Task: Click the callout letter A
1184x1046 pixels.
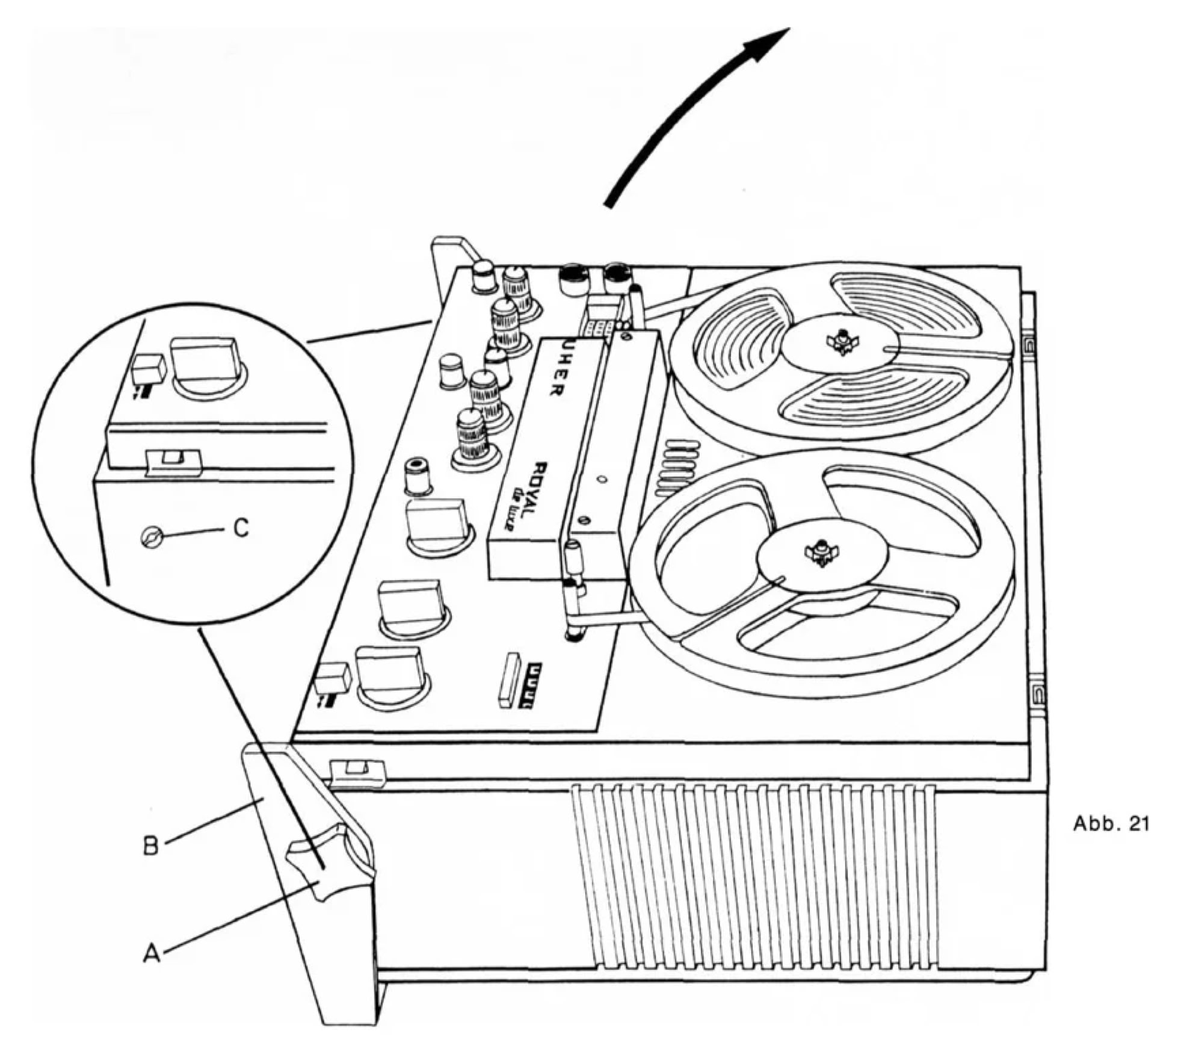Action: click(152, 953)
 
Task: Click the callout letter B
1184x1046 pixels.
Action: click(151, 846)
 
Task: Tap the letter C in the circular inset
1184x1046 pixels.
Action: click(241, 528)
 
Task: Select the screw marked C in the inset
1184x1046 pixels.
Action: click(150, 536)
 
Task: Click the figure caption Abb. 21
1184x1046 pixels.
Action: click(1111, 824)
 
